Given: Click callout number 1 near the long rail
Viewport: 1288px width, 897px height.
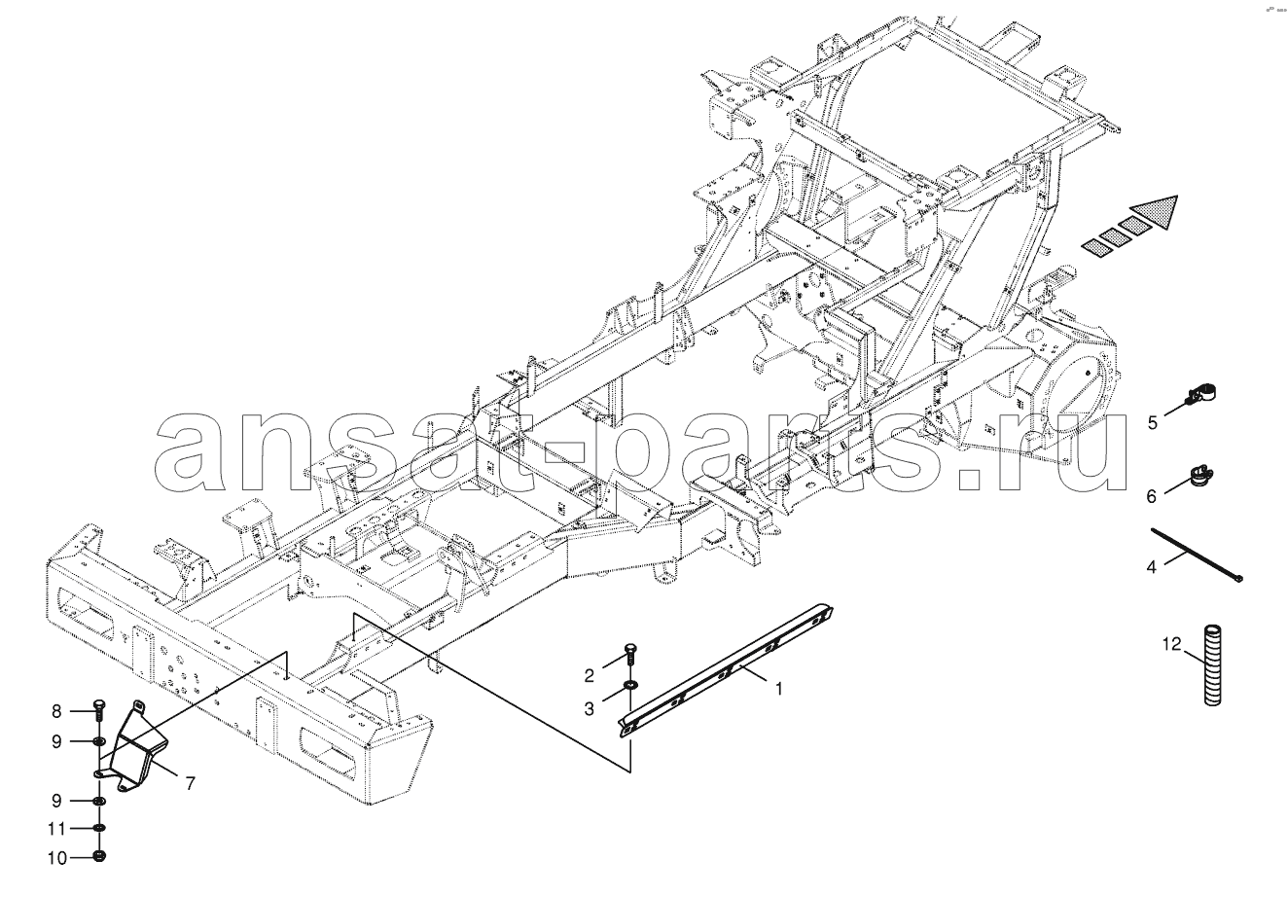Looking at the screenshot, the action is [x=779, y=689].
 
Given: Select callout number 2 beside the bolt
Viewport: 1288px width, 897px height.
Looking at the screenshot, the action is [x=589, y=676].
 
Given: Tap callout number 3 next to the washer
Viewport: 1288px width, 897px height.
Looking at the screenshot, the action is [x=589, y=709].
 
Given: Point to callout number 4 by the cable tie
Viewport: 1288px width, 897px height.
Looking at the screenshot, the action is [x=1151, y=567].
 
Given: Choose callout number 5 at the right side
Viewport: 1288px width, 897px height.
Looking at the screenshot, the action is [x=1153, y=423].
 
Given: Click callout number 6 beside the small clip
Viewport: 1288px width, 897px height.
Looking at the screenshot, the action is [x=1151, y=496].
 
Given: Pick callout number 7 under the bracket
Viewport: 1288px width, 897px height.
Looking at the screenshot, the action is [x=191, y=783].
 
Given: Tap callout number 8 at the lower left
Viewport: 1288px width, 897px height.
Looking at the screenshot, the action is [x=56, y=712].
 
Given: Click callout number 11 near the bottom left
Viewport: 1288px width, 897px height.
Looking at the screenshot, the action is [x=57, y=829].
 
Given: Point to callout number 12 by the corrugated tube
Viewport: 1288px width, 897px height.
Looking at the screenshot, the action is [x=1170, y=644].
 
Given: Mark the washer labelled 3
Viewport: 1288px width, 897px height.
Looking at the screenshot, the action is [x=630, y=686].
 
